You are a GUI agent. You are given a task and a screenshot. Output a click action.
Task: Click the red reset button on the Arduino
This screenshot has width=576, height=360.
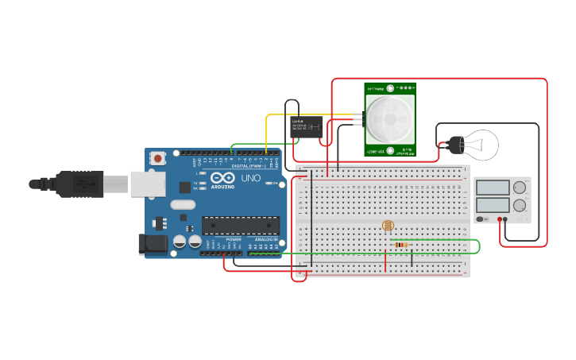click(157, 158)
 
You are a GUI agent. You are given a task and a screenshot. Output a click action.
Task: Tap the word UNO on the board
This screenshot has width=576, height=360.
click(250, 179)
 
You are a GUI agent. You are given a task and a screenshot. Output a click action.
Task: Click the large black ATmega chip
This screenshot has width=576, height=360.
click(240, 226)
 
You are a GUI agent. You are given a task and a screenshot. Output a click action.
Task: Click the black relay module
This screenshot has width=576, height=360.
click(307, 125)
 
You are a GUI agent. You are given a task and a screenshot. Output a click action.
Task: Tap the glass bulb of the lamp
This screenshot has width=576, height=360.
click(481, 145)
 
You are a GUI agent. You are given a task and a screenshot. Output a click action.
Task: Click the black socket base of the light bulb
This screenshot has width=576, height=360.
click(454, 145)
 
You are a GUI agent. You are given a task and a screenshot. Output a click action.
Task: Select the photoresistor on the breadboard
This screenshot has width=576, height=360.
click(388, 226)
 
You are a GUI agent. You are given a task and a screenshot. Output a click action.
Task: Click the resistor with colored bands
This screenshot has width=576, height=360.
click(401, 245)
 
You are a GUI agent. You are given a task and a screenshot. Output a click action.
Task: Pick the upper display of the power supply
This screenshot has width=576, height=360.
click(493, 188)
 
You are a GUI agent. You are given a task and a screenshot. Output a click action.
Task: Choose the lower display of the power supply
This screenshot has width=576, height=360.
click(493, 205)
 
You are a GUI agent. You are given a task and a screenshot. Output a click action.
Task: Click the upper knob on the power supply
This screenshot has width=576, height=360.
click(520, 188)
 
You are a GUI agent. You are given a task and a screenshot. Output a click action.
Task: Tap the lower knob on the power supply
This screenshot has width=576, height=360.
click(520, 205)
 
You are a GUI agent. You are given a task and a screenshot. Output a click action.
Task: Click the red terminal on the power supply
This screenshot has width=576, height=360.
click(500, 219)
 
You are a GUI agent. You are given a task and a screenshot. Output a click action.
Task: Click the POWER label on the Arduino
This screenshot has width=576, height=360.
click(234, 239)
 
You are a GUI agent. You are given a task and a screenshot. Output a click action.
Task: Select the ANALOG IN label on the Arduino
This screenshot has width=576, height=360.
click(266, 239)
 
